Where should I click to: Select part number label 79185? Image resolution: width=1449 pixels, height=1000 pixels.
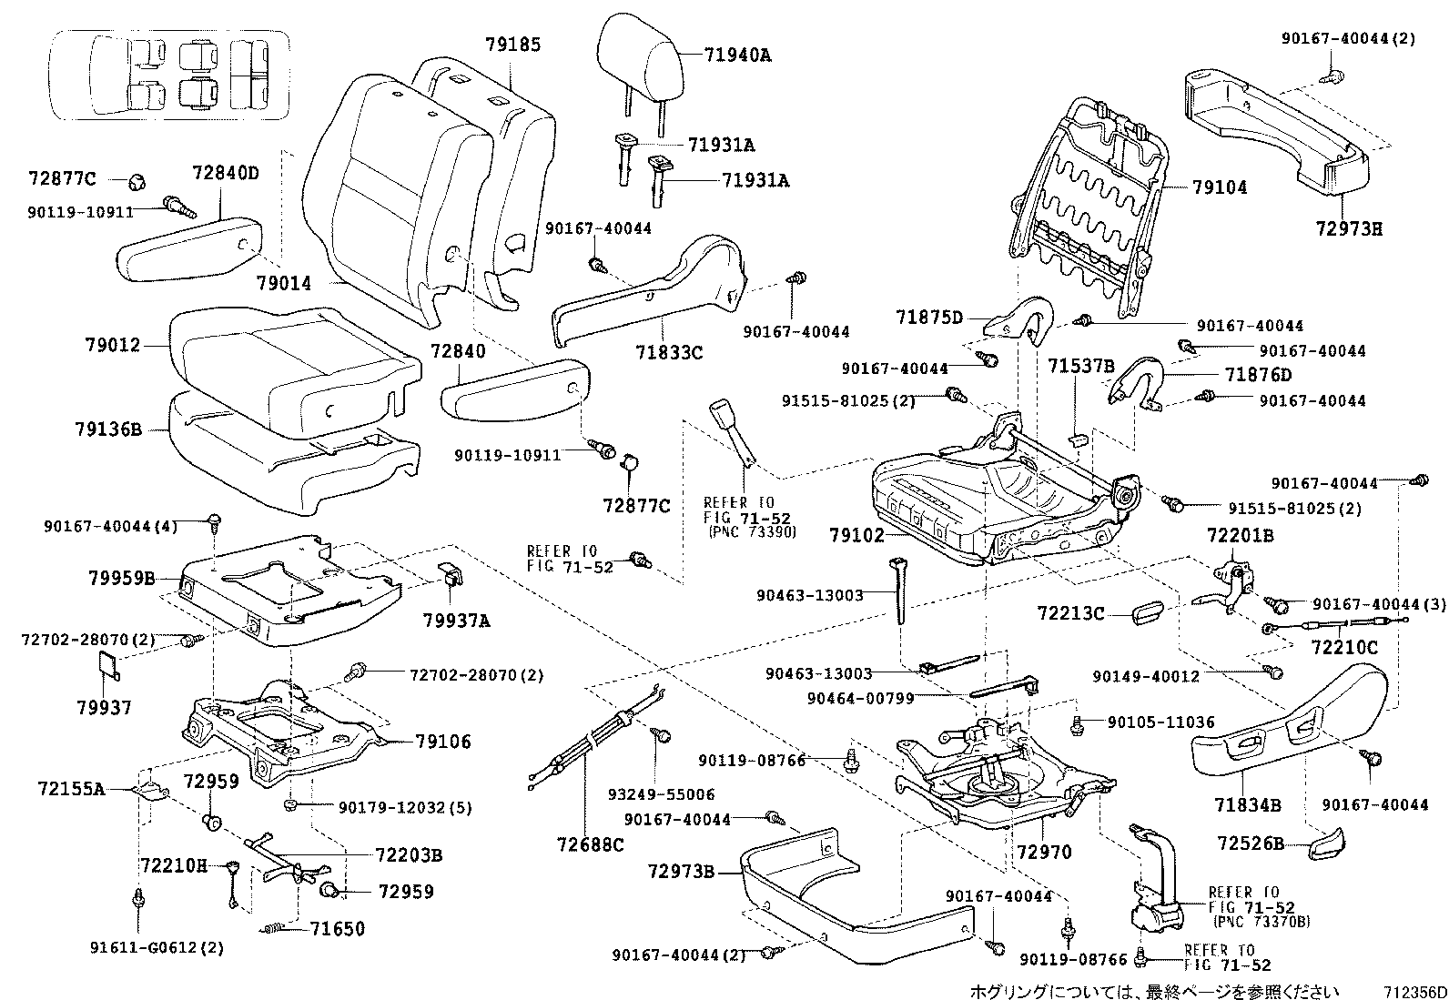pyautogui.click(x=513, y=45)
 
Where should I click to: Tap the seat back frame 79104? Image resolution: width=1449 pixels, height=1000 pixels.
pyautogui.click(x=1088, y=206)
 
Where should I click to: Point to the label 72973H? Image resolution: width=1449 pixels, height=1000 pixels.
pyautogui.click(x=1350, y=229)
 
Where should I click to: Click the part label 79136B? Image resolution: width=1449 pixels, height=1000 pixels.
pyautogui.click(x=108, y=429)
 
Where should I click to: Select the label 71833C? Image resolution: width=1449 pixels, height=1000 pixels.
pyautogui.click(x=669, y=352)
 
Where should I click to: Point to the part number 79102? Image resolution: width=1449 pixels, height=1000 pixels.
pyautogui.click(x=857, y=535)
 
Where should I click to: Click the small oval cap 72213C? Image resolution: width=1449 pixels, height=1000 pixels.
pyautogui.click(x=1148, y=612)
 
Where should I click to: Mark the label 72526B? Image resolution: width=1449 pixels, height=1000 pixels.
pyautogui.click(x=1251, y=843)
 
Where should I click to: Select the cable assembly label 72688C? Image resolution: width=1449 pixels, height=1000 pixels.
pyautogui.click(x=590, y=844)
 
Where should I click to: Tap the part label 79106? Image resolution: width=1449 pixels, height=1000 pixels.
pyautogui.click(x=443, y=742)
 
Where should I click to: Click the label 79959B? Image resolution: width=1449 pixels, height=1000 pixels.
pyautogui.click(x=122, y=578)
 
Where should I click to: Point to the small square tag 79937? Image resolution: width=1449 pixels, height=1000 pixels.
pyautogui.click(x=108, y=665)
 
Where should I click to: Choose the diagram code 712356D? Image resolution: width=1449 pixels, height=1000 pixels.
pyautogui.click(x=1414, y=991)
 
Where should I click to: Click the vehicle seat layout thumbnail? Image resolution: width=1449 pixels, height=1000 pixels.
pyautogui.click(x=168, y=75)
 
